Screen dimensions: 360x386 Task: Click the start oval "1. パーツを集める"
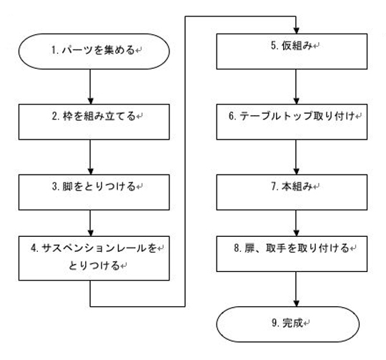[93, 51]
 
